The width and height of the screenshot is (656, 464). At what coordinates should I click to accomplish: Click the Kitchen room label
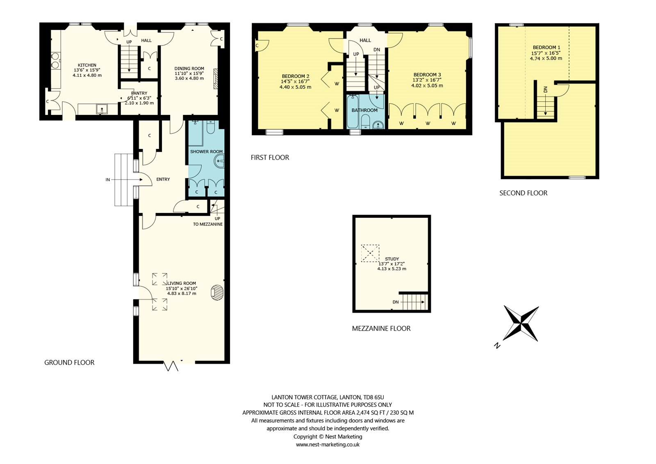click(87, 65)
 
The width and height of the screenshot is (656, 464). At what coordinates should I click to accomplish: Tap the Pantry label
click(139, 93)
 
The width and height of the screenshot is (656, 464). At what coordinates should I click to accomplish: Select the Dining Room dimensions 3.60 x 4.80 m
click(189, 78)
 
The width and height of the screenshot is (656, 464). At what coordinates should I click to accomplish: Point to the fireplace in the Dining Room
click(216, 78)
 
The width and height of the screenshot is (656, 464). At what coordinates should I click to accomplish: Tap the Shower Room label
click(207, 151)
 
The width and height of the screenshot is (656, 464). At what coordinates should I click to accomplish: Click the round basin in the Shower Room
click(220, 161)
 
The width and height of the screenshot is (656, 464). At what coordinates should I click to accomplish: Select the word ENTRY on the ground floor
click(163, 179)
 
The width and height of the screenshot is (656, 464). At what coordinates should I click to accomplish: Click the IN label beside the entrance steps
click(108, 180)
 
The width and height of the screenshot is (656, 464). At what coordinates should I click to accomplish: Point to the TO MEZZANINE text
click(208, 224)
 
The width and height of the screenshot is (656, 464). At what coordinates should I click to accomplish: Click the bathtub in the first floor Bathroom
click(352, 112)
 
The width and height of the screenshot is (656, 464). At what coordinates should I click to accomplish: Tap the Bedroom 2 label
click(296, 76)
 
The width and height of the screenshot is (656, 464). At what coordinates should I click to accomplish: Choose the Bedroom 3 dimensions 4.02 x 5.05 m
click(427, 86)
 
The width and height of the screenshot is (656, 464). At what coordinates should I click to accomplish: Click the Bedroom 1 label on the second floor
click(546, 47)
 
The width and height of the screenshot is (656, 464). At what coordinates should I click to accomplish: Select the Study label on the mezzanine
click(392, 259)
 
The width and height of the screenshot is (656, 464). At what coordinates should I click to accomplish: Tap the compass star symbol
click(521, 324)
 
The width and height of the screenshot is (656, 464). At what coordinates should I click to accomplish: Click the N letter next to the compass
click(497, 345)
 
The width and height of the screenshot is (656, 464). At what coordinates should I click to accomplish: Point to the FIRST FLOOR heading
click(270, 158)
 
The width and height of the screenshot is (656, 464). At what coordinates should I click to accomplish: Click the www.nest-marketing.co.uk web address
click(328, 444)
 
